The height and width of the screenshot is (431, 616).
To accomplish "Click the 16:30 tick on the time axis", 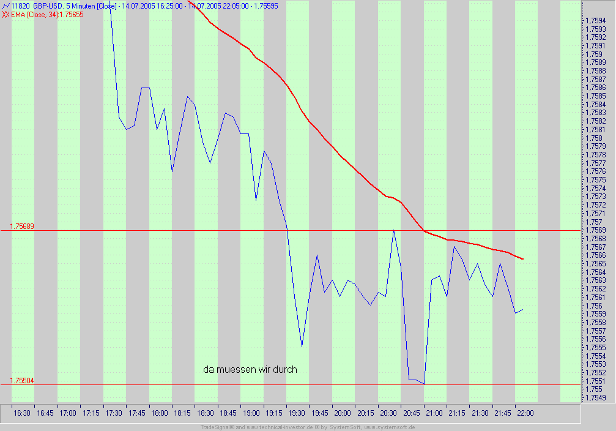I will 21,413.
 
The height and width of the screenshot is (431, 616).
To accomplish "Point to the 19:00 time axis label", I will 251,413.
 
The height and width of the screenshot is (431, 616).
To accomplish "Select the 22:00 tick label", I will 525,413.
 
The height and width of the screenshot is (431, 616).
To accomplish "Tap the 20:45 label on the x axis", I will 411,413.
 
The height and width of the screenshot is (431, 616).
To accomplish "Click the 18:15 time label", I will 182,413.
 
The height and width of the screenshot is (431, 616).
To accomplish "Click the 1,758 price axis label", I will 593,138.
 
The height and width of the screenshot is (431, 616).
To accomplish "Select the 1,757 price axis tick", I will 593,222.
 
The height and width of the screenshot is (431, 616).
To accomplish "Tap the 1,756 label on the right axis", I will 593,305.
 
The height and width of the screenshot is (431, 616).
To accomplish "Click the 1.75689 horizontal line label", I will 22,226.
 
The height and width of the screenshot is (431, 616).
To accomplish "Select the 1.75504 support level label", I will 22,381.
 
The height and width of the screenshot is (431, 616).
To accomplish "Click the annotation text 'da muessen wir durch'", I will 250,369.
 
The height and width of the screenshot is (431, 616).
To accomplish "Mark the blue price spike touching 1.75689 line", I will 393,230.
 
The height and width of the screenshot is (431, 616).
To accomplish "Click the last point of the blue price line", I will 523,309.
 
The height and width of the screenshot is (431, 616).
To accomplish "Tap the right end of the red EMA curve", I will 523,259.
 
